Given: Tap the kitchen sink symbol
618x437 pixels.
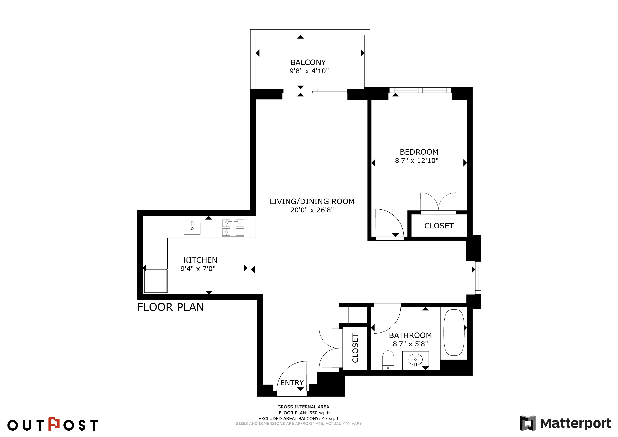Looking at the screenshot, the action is pyautogui.click(x=192, y=228).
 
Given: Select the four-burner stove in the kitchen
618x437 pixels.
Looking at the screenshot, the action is pyautogui.click(x=233, y=228).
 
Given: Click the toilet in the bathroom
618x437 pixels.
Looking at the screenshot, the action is pyautogui.click(x=388, y=360).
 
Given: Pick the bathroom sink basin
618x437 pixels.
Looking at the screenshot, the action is pyautogui.click(x=416, y=360).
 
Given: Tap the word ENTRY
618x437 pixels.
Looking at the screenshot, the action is pyautogui.click(x=292, y=383).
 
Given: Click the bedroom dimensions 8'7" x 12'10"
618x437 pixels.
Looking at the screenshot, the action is pyautogui.click(x=417, y=161).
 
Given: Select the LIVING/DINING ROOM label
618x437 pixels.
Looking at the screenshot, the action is pyautogui.click(x=312, y=202).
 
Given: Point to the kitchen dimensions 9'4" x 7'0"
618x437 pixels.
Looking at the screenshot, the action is pyautogui.click(x=198, y=269).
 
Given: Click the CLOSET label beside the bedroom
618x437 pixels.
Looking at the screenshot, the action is pyautogui.click(x=439, y=226).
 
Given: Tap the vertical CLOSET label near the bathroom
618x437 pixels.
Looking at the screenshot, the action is pyautogui.click(x=355, y=348).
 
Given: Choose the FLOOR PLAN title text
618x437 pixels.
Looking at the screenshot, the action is pyautogui.click(x=170, y=307).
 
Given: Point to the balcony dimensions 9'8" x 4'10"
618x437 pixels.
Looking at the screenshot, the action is pyautogui.click(x=309, y=71).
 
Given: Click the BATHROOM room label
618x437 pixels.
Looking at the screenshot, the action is pyautogui.click(x=410, y=335).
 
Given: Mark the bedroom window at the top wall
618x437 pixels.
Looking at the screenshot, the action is pyautogui.click(x=420, y=90).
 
